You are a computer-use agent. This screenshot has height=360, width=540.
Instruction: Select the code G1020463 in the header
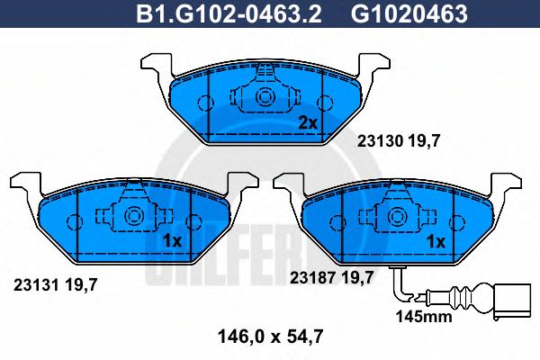point(397,14)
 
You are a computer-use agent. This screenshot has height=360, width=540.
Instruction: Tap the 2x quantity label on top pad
point(308,123)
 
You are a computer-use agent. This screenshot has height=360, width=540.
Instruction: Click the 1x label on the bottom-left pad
point(174,241)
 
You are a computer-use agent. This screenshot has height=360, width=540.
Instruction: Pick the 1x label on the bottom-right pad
point(436,241)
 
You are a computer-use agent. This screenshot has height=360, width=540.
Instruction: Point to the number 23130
point(379,140)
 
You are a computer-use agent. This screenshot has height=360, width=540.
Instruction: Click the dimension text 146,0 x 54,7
point(270,338)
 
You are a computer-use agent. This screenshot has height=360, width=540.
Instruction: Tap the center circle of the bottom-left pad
point(134,216)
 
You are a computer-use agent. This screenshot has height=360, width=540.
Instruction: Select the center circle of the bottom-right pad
point(397,216)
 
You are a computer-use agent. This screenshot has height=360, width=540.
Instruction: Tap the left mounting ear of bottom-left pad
point(24,185)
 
